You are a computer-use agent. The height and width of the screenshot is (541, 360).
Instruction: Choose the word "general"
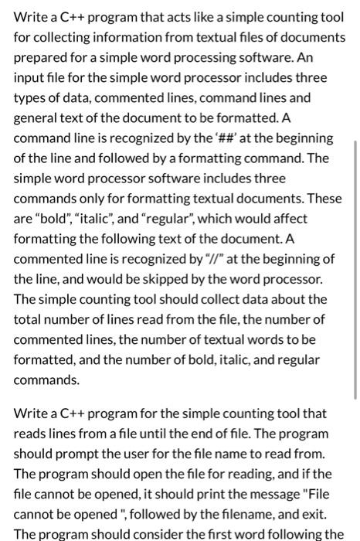[36, 117]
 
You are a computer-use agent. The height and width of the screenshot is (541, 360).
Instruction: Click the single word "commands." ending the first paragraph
[46, 379]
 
